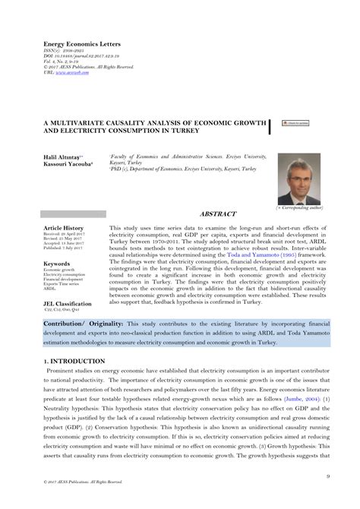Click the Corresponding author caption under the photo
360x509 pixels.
[299, 207]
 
